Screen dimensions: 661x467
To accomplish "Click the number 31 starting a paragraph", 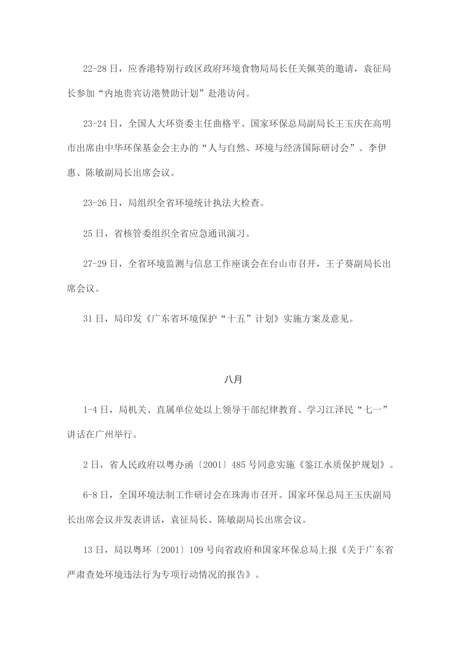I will [x=87, y=319].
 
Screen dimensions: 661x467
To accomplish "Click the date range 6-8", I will [x=90, y=495].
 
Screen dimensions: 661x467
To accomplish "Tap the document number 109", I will [x=196, y=550].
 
